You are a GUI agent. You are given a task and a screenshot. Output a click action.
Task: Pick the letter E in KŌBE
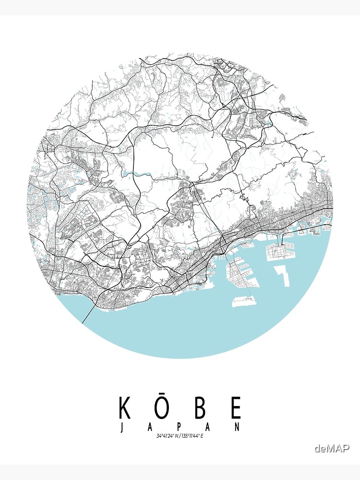[x=236, y=408]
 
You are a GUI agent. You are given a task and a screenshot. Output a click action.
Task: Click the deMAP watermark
[x=332, y=448]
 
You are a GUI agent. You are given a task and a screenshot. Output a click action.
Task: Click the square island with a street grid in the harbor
[x=281, y=251]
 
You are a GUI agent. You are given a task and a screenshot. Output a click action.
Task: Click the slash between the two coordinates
[x=180, y=436]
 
